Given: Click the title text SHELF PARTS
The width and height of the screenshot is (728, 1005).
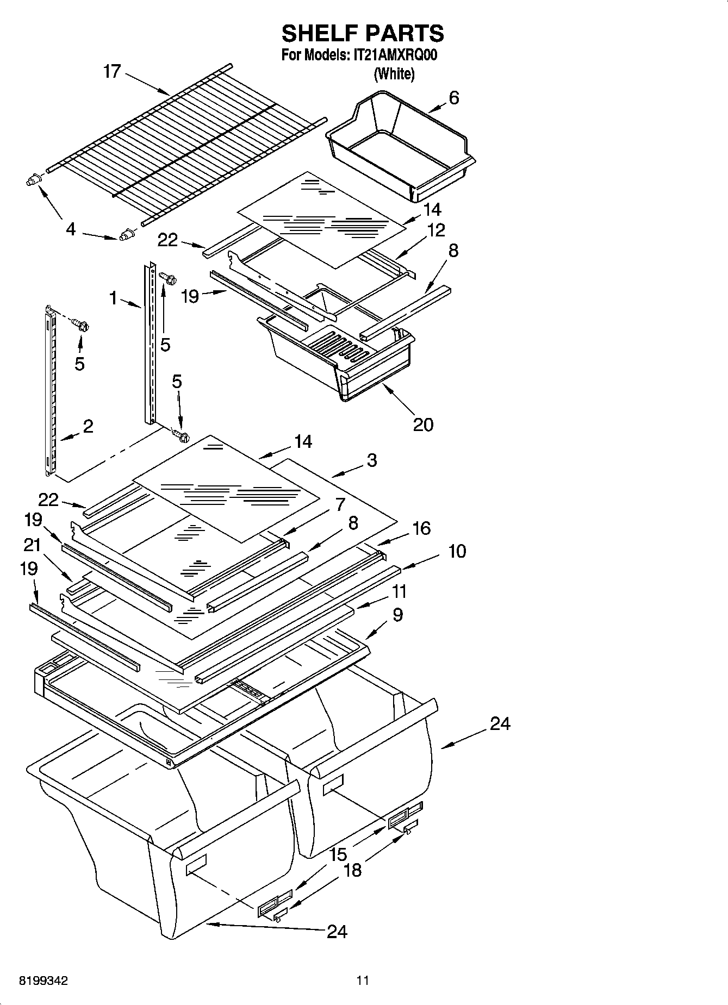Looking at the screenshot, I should point(363,34).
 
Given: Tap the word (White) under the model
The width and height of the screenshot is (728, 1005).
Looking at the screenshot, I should point(394,74).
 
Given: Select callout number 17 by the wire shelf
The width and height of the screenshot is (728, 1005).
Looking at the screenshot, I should point(112,71).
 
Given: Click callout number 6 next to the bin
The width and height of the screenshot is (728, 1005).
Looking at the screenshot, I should point(454,98).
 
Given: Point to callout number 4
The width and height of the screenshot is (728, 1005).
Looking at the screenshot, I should point(71,229).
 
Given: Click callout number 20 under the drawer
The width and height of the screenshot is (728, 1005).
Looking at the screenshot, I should point(423,424).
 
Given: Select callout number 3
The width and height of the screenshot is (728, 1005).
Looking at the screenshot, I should point(372,460).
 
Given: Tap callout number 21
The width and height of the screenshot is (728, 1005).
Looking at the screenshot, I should point(33,545).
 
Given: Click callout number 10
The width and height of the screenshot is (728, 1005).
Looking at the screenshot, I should point(457,551).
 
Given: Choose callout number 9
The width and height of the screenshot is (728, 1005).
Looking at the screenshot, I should point(397,615).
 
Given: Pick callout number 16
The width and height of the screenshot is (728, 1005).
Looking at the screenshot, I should point(422,528).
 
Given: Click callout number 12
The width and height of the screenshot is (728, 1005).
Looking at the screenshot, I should point(436,230).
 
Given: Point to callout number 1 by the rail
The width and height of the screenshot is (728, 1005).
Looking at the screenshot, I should point(113,297).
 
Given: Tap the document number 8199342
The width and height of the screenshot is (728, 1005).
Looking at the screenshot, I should point(43,981).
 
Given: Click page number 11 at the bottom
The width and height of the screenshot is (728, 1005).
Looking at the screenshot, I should point(363,981).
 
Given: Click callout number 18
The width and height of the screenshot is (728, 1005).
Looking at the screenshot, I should point(352,870).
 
